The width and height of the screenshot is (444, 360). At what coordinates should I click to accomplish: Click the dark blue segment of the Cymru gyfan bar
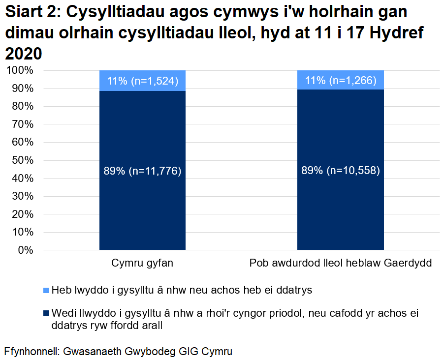142,211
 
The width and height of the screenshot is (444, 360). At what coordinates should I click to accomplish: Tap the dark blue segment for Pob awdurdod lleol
340,211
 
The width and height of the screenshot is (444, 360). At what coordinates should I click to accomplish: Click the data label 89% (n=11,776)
142,171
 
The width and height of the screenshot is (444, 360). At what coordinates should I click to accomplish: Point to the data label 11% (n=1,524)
142,81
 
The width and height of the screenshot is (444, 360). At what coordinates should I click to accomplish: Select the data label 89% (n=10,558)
340,171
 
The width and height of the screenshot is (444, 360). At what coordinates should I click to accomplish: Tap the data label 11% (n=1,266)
340,81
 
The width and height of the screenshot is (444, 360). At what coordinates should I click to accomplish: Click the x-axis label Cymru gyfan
142,264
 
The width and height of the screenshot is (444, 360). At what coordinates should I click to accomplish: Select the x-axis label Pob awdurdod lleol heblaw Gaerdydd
340,264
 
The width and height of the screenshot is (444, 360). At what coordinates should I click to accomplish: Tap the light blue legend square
46,290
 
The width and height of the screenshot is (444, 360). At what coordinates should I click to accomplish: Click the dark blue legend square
46,313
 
